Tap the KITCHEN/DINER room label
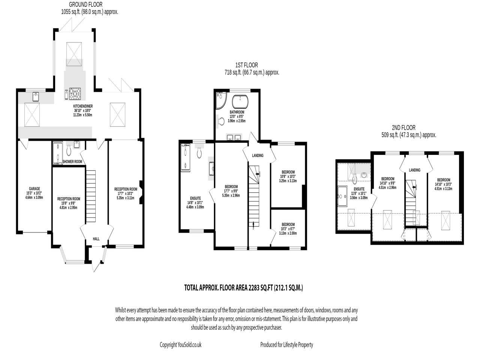tap(82, 106)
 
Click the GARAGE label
tap(34, 189)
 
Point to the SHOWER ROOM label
tap(72, 162)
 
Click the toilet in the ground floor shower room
tap(69, 150)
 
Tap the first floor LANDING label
tap(258, 156)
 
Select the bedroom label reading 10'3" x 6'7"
tap(288, 225)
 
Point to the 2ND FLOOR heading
tap(404, 127)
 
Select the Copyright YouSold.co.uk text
tap(180, 345)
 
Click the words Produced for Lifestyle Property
tap(286, 345)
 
